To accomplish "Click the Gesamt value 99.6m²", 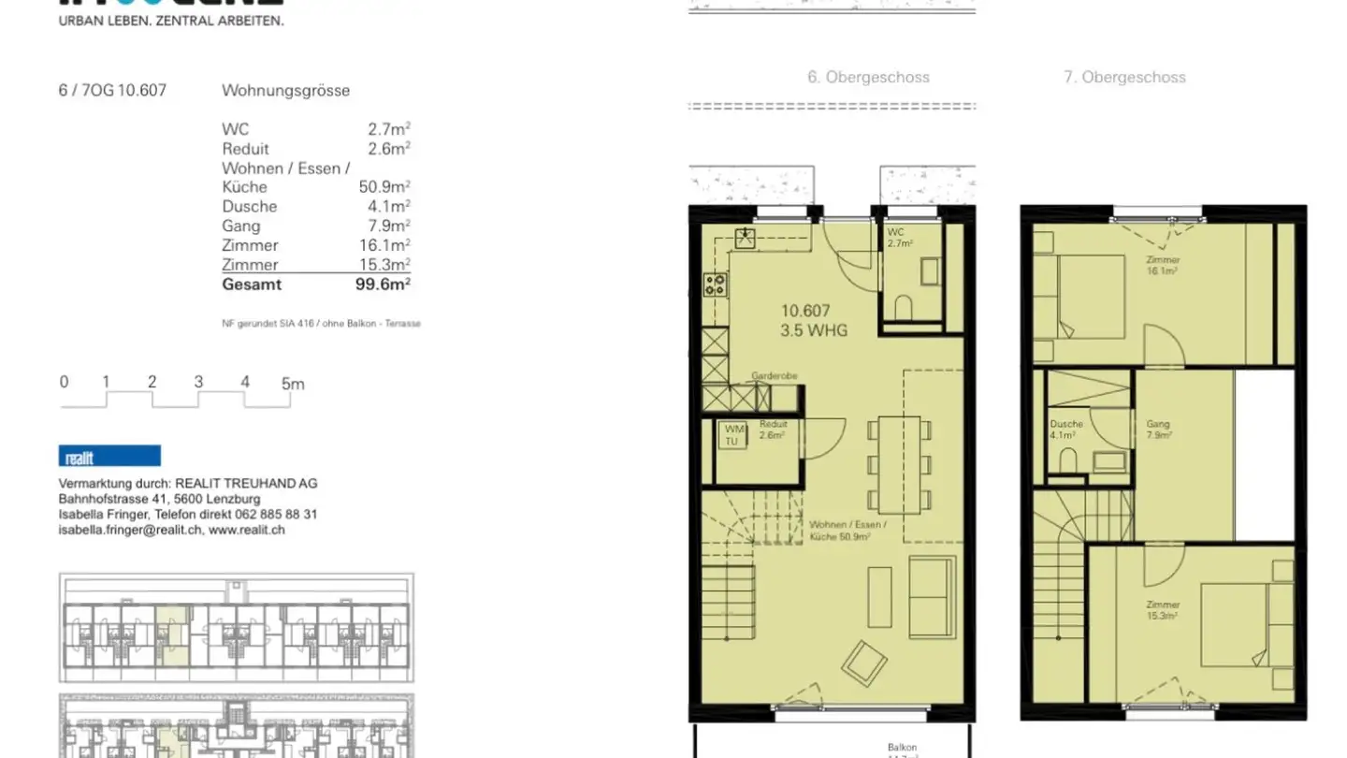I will pyautogui.click(x=383, y=284).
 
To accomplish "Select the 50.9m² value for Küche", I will pyautogui.click(x=384, y=187).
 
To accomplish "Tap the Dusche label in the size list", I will pyautogui.click(x=249, y=207).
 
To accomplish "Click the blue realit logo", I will pyautogui.click(x=109, y=457).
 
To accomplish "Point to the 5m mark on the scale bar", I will pyautogui.click(x=293, y=383).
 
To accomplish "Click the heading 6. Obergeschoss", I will pyautogui.click(x=868, y=78).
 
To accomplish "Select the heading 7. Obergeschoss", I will pyautogui.click(x=1124, y=78).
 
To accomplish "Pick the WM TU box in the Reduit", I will pyautogui.click(x=731, y=435).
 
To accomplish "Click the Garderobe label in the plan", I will pyautogui.click(x=774, y=376).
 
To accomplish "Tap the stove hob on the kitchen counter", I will pyautogui.click(x=716, y=284).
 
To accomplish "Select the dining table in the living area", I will pyautogui.click(x=898, y=462).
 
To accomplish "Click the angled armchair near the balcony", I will pyautogui.click(x=864, y=662).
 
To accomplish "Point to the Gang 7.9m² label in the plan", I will pyautogui.click(x=1158, y=430).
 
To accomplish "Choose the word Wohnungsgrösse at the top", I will pyautogui.click(x=285, y=91).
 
